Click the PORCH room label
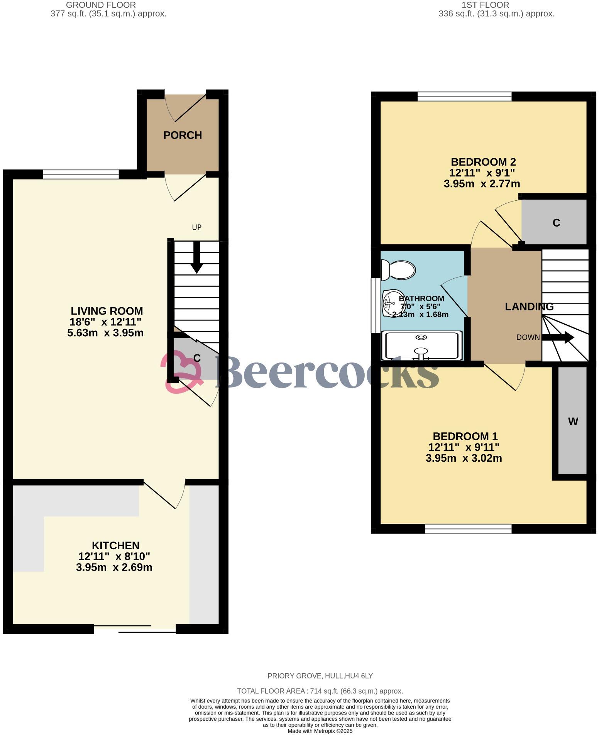coord(183,135)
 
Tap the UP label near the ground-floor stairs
coord(197,227)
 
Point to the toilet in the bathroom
coord(398,269)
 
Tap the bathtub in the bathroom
coord(421,345)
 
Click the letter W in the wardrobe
coord(573,421)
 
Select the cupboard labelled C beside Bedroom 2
coord(556,223)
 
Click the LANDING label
coord(529,307)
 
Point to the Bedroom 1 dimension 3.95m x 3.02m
coord(464,458)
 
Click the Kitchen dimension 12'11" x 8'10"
coord(114,556)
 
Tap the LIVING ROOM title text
coord(107,311)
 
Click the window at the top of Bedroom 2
coord(464,96)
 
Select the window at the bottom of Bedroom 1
coord(468,528)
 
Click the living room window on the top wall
coord(81,174)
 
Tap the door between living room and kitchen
coord(164,494)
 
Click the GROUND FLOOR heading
coord(101,5)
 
